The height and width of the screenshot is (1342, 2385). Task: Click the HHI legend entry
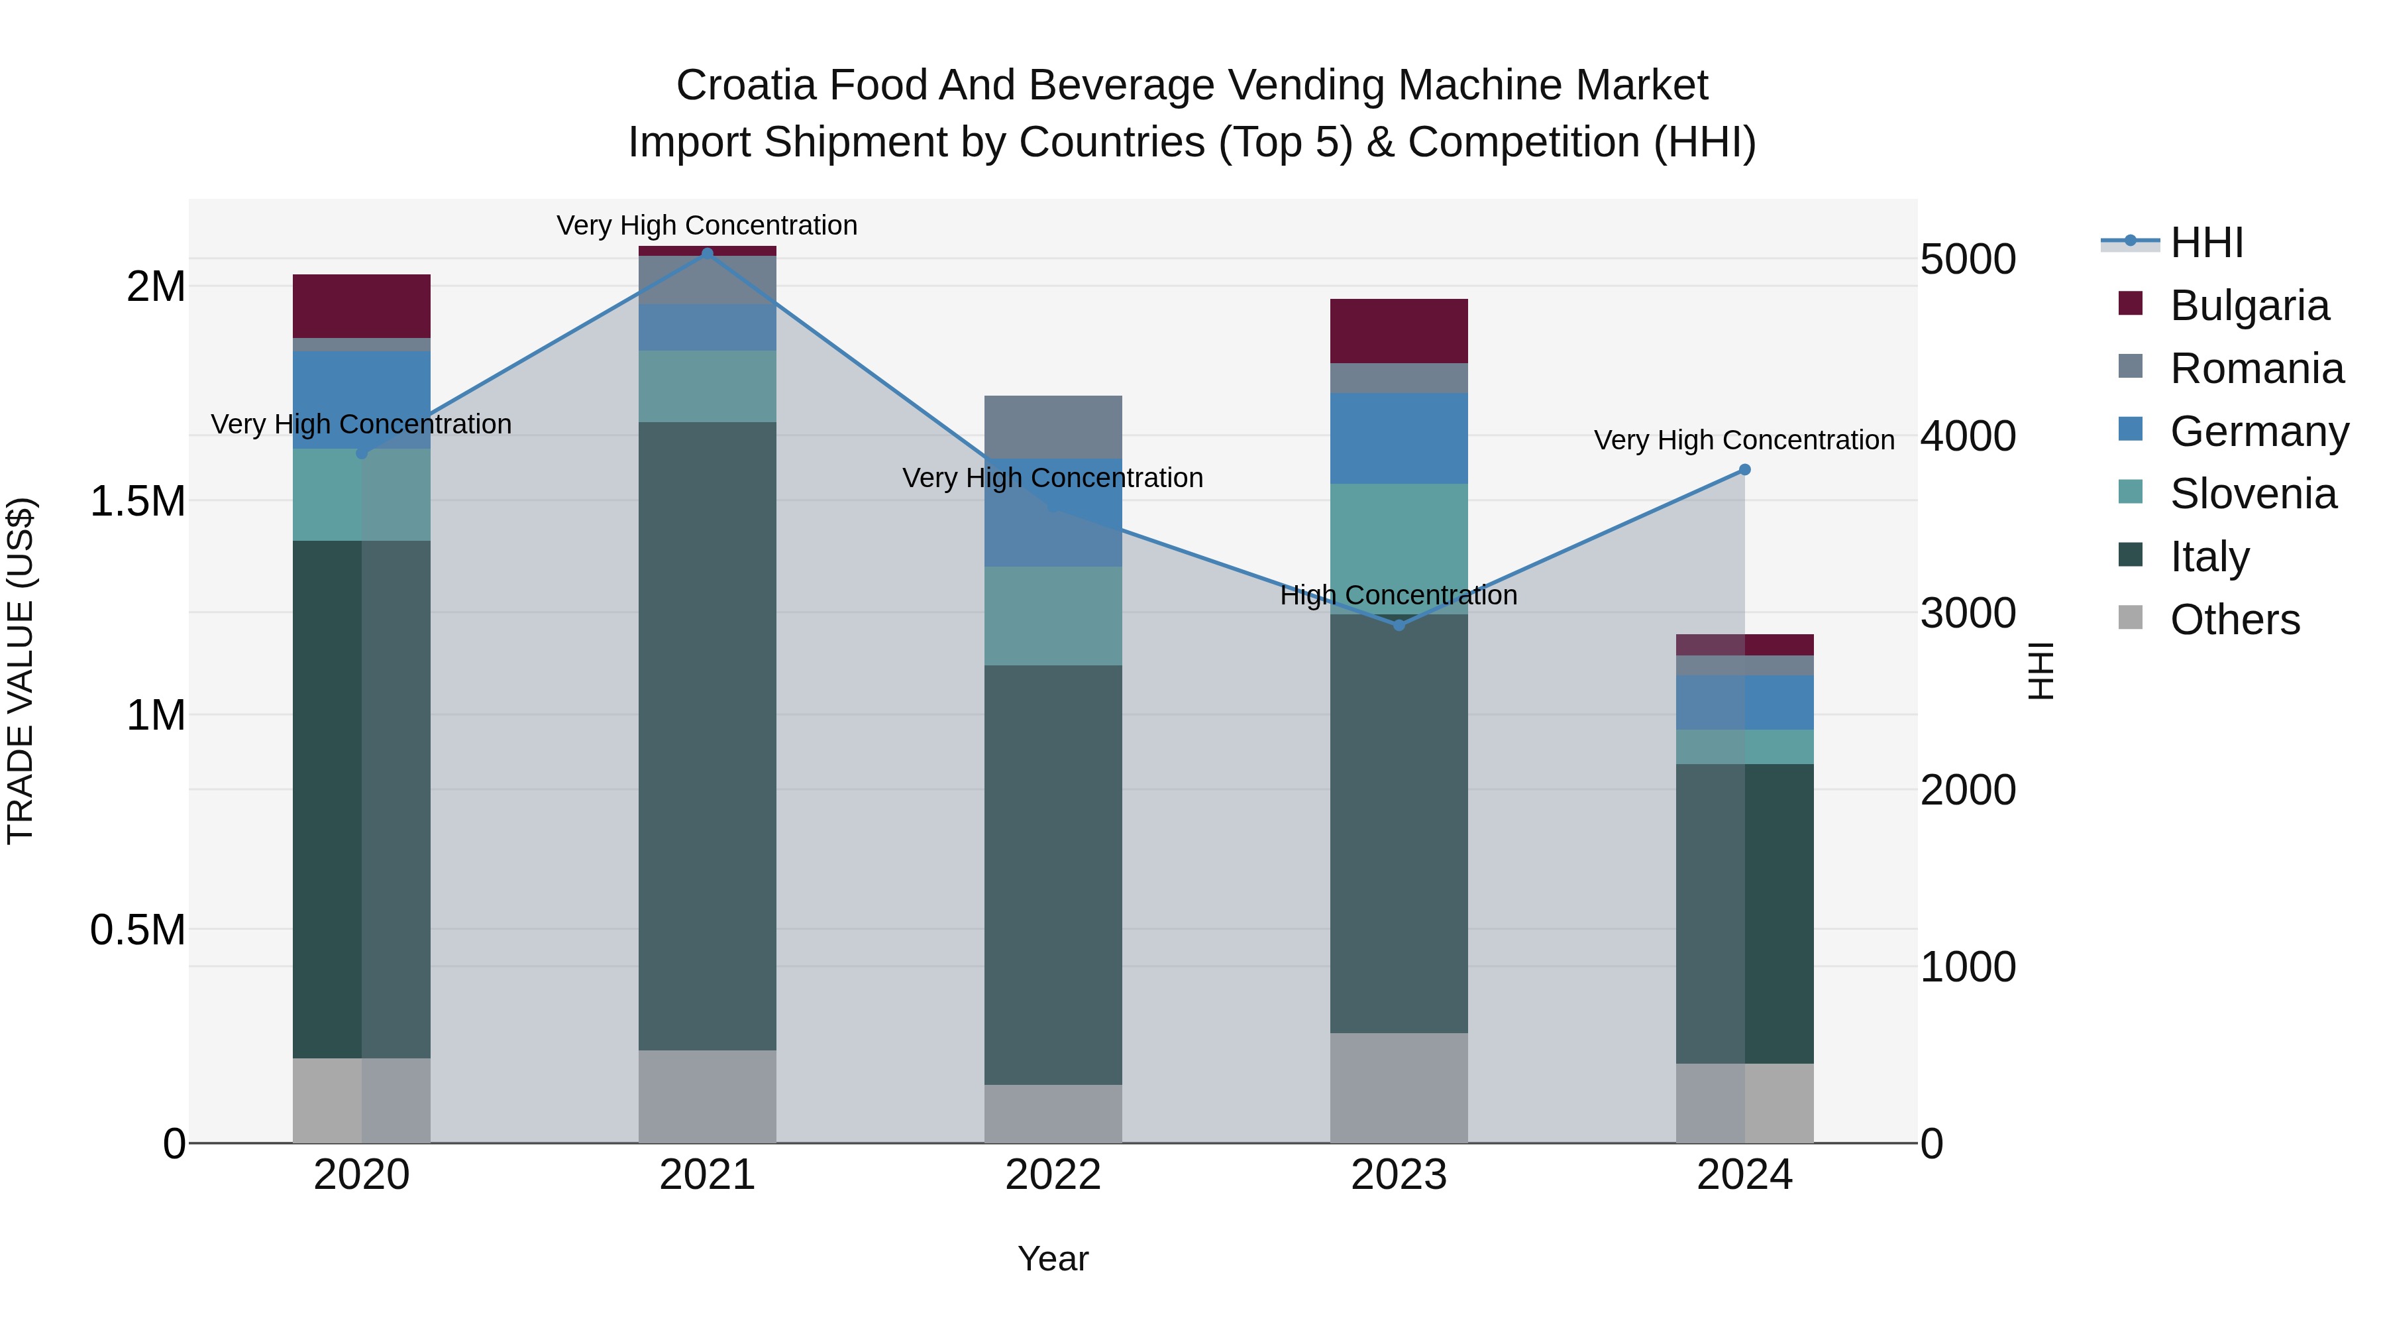pyautogui.click(x=2205, y=243)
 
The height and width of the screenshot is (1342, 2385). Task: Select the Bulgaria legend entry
pyautogui.click(x=2248, y=306)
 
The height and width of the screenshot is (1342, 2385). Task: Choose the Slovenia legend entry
pyautogui.click(x=2252, y=494)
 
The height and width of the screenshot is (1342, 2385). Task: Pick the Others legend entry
pyautogui.click(x=2233, y=620)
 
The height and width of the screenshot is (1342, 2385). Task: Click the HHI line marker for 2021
pyautogui.click(x=708, y=253)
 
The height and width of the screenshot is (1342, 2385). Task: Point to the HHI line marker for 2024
pyautogui.click(x=1744, y=470)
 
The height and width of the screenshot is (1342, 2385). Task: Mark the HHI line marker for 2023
pyautogui.click(x=1399, y=625)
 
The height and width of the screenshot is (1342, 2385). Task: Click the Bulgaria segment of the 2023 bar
pyautogui.click(x=1399, y=331)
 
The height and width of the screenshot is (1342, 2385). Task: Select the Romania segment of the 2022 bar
pyautogui.click(x=1053, y=427)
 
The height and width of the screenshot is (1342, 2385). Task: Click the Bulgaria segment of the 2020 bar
pyautogui.click(x=361, y=306)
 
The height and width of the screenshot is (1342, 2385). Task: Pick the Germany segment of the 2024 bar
pyautogui.click(x=1744, y=702)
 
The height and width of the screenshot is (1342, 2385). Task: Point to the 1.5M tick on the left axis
pyautogui.click(x=137, y=501)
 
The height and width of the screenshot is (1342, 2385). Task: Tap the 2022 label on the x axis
pyautogui.click(x=1053, y=1174)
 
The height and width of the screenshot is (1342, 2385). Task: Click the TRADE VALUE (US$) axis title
pyautogui.click(x=21, y=671)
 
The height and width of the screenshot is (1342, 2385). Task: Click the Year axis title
pyautogui.click(x=1053, y=1258)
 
